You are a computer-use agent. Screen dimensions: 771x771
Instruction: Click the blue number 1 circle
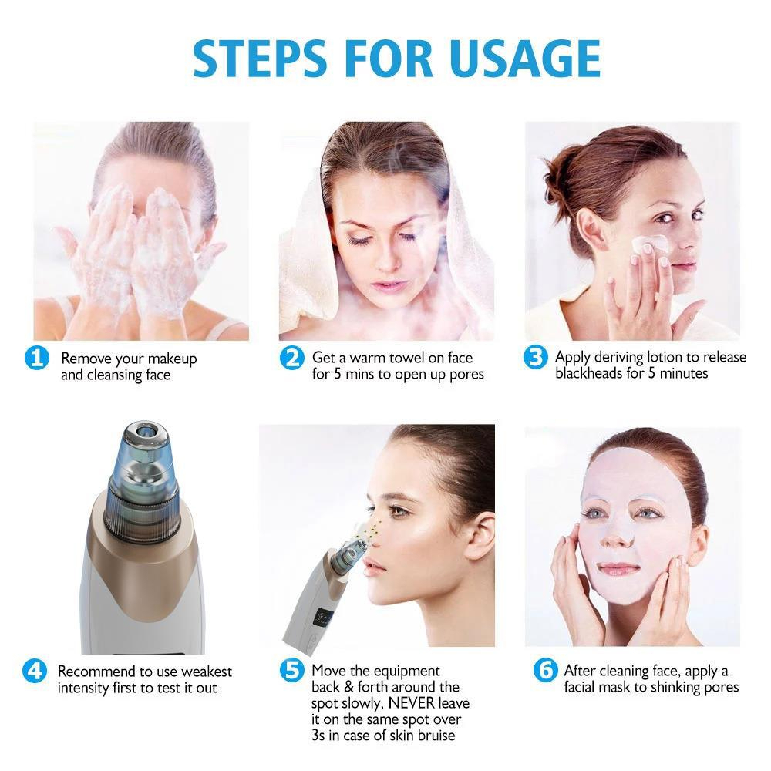37,359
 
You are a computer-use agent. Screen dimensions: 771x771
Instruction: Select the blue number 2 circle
291,359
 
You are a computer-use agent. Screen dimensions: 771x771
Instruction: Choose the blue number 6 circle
545,671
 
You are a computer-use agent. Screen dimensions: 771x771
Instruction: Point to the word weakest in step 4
205,672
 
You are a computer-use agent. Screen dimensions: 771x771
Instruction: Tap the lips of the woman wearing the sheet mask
619,569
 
